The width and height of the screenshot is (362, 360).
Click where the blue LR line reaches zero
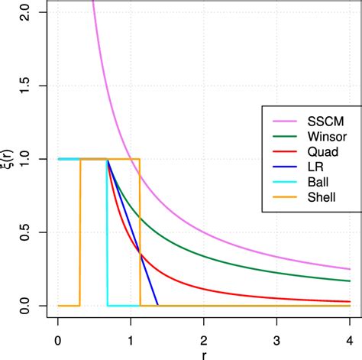pos(158,305)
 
